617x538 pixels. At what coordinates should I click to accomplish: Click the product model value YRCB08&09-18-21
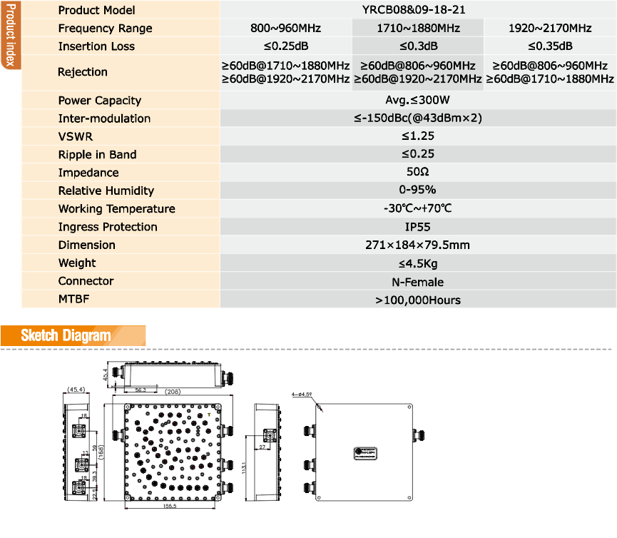(x=418, y=10)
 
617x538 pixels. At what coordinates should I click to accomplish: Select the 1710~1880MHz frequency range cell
(x=418, y=29)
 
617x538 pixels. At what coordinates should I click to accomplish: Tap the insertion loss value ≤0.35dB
(x=549, y=46)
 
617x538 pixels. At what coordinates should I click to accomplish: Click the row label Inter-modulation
(x=104, y=118)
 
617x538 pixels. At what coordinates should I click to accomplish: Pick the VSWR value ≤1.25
(x=418, y=136)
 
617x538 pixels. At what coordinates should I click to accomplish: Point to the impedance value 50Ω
(x=418, y=173)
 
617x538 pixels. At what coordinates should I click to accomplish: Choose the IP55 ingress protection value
(x=418, y=227)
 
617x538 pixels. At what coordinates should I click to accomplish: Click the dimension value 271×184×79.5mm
(x=418, y=245)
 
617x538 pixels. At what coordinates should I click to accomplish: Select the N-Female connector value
(x=418, y=281)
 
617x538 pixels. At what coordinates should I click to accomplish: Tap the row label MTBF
(x=74, y=300)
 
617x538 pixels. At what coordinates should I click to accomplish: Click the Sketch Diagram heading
(x=66, y=335)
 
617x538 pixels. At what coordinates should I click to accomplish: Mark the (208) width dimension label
(x=172, y=392)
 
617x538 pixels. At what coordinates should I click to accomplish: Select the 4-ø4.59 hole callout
(x=302, y=393)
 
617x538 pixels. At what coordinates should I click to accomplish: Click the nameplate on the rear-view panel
(x=365, y=452)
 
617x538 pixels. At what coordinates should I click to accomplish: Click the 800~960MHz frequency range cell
(x=286, y=29)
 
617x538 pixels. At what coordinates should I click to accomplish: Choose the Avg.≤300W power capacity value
(x=418, y=101)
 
